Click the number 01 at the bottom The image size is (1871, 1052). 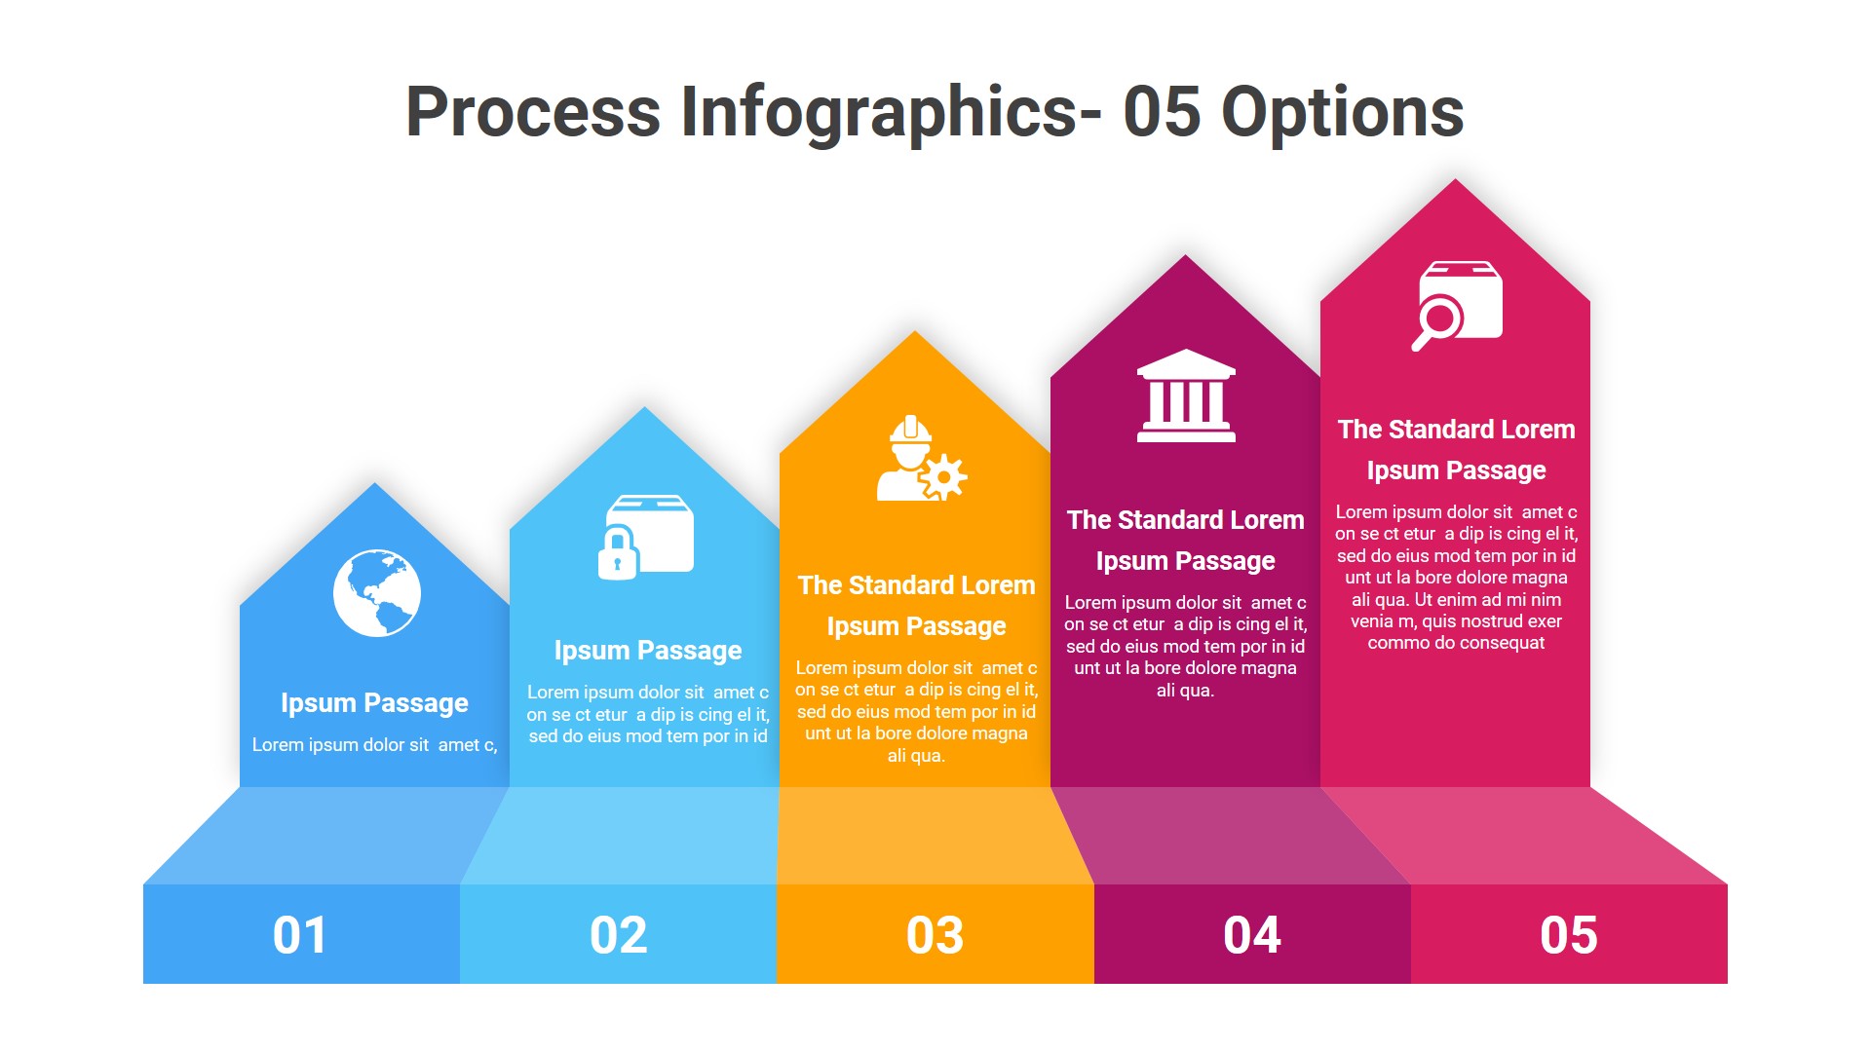tap(300, 935)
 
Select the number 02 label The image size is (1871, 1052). tap(618, 935)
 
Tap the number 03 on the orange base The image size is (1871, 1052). tap(935, 935)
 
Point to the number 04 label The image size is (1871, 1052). tap(1251, 935)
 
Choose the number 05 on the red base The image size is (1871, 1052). tap(1568, 935)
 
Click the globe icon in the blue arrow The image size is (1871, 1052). tap(376, 592)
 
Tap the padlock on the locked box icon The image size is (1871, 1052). tap(617, 555)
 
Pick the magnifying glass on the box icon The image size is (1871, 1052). tap(1437, 320)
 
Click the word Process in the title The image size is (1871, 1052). tap(532, 111)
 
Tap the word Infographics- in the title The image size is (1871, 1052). tap(891, 111)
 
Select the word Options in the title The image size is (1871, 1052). tap(1342, 111)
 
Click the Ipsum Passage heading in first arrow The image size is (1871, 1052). tap(374, 702)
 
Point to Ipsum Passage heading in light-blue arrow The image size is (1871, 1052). tap(647, 650)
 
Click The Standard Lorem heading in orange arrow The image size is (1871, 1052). tap(916, 585)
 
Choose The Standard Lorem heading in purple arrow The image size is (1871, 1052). tap(1185, 520)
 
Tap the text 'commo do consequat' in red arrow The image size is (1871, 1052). tap(1456, 643)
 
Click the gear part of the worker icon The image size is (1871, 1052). tap(943, 477)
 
